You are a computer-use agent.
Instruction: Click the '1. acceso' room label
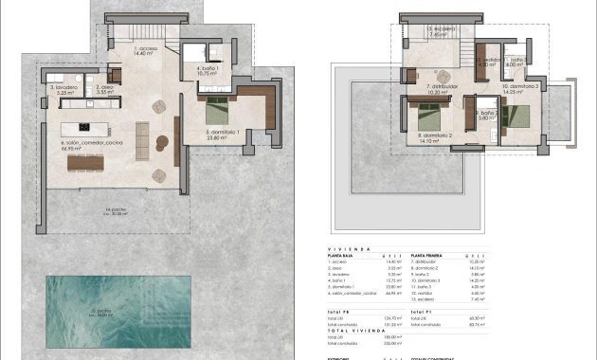click(145, 49)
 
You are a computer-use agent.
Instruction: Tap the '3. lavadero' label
click(63, 90)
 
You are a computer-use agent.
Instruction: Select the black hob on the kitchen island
click(84, 127)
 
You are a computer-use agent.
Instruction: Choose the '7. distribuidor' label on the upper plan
click(443, 88)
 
